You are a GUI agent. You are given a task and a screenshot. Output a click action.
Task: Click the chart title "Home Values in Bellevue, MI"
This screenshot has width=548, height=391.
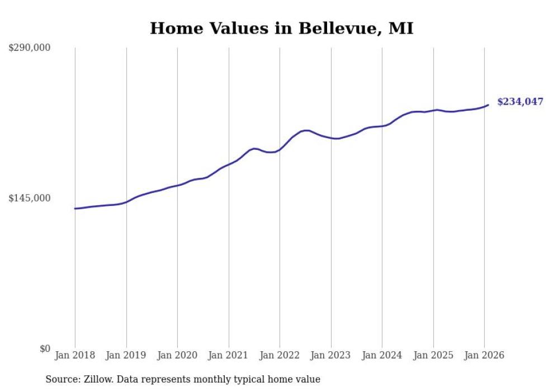281,29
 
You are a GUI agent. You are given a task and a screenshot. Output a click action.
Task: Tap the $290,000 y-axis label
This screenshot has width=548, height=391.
29,48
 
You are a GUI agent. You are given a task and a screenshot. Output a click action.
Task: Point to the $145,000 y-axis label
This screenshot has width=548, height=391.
29,199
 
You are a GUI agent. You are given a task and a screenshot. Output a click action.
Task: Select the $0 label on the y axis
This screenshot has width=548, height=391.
45,349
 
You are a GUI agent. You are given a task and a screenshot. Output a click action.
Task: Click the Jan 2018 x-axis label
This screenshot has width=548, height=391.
75,356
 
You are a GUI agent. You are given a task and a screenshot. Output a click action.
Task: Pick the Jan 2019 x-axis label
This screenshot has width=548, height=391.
126,356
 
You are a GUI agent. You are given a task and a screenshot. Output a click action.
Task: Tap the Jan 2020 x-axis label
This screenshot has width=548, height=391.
177,356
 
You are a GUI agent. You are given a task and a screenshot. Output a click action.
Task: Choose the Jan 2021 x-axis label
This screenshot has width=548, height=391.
229,356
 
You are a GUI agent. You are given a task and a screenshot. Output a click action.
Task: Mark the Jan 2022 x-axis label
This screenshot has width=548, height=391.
280,356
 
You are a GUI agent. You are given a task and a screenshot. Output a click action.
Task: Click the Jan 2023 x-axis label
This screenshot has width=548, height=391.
331,356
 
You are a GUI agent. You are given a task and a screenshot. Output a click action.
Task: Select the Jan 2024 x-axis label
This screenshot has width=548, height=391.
382,356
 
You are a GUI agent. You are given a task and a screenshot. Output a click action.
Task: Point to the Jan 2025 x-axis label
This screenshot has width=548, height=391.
433,356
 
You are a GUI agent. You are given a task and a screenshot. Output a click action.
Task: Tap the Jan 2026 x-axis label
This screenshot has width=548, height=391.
484,356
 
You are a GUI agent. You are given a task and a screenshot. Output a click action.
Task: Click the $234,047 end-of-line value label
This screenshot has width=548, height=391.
520,102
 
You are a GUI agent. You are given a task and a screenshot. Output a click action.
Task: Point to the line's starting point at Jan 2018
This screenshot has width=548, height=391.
75,209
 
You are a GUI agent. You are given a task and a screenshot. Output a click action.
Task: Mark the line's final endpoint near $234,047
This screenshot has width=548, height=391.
488,105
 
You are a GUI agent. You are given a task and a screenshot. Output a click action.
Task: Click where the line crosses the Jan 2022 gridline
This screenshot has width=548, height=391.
280,149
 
